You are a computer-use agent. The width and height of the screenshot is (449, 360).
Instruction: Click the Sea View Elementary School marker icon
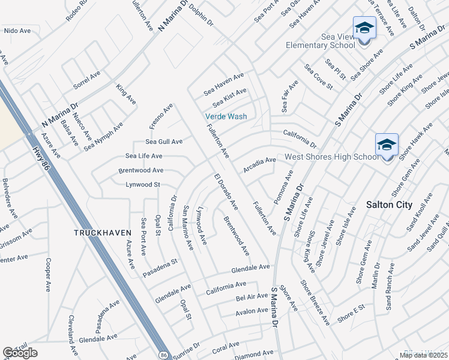364,29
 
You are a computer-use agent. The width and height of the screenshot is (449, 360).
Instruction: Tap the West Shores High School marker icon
387,145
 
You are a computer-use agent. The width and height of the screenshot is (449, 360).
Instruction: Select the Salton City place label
389,205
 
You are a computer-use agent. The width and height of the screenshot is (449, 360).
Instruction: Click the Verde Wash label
226,116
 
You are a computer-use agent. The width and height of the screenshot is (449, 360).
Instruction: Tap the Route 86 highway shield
164,355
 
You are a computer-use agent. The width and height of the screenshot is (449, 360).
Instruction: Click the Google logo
20,353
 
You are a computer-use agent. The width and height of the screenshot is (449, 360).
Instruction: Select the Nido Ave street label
17,30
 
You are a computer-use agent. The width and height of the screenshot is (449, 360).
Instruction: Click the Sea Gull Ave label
164,142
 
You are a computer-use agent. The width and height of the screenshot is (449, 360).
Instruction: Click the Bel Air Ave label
252,296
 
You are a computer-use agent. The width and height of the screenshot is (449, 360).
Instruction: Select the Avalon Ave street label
252,310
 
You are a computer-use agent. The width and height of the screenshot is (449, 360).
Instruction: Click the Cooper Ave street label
47,274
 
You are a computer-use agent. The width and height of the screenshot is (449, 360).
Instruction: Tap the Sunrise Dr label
187,349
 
